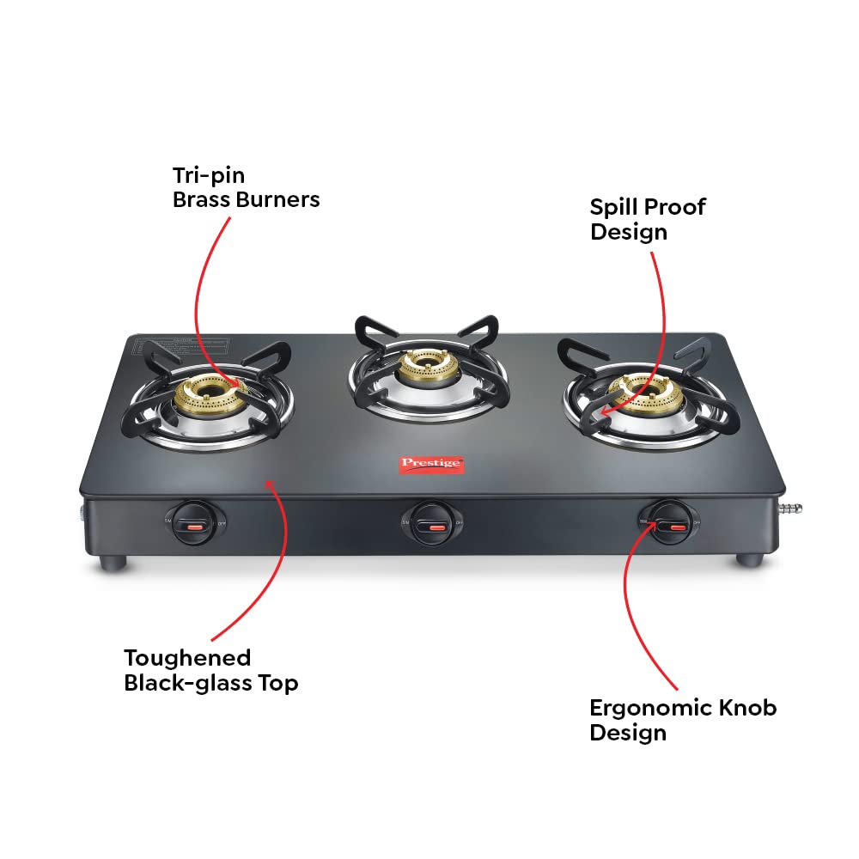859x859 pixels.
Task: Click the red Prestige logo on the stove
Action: (432, 464)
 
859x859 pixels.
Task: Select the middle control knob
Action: (427, 521)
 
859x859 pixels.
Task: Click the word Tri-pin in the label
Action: (209, 176)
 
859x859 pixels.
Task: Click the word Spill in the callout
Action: (614, 207)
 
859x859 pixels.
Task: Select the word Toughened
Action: (187, 658)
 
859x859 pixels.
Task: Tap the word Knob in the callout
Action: (748, 708)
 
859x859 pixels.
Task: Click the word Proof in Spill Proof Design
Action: (675, 207)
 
